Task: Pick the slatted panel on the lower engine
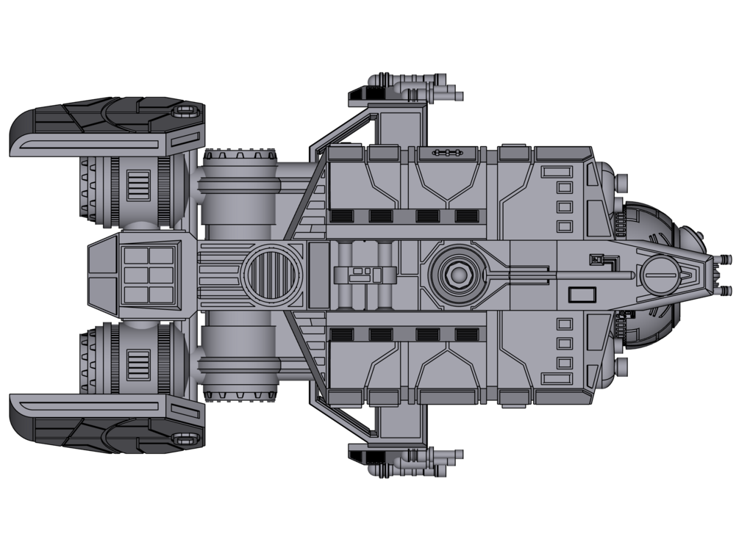(x=138, y=365)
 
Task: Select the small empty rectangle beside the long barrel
(x=582, y=294)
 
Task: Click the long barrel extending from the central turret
(x=566, y=276)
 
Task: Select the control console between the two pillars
(x=361, y=276)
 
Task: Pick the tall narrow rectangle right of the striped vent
(x=319, y=275)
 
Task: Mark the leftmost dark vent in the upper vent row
(x=340, y=216)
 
